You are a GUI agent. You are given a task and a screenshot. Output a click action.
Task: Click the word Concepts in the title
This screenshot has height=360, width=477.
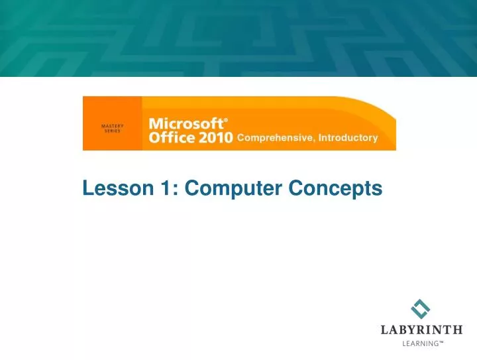coord(336,189)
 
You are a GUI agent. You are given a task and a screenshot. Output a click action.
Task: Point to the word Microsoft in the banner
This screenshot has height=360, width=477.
coord(185,124)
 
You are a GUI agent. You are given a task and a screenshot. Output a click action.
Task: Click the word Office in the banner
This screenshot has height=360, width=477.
coord(172,138)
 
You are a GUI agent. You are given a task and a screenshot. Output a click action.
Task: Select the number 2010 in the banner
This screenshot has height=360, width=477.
coord(215,138)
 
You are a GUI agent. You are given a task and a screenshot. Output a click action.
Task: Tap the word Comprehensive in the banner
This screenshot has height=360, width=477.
coord(274,139)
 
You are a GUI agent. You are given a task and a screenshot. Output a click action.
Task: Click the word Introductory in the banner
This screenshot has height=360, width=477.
coord(348,139)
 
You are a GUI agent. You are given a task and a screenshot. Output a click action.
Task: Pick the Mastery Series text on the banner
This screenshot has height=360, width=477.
coord(111,127)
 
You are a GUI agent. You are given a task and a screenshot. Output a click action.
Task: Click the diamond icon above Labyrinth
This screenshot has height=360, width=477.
coord(421,308)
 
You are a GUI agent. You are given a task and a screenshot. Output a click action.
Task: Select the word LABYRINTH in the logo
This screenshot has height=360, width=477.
coord(421,330)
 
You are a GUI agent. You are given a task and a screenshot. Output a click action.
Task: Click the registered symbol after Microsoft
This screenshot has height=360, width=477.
coord(226,120)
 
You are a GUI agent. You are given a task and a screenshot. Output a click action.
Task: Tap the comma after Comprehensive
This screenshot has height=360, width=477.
coord(313,141)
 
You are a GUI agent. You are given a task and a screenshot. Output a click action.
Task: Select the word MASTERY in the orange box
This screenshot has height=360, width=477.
coord(111,125)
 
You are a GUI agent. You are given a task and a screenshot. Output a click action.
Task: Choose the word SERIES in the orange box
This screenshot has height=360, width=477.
coord(111,130)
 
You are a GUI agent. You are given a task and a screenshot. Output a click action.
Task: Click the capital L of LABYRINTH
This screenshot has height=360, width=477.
coord(384,330)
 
